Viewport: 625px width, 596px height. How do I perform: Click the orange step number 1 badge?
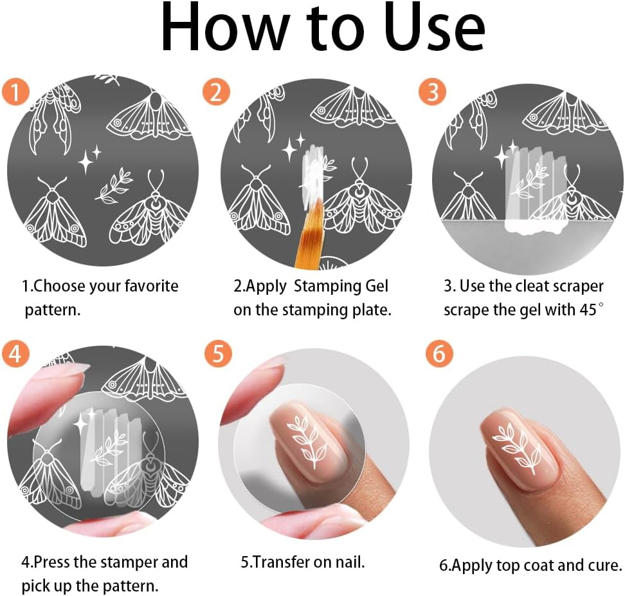[14, 92]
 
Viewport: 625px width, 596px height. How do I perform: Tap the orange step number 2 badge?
[216, 92]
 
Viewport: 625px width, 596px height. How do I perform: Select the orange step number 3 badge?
[432, 92]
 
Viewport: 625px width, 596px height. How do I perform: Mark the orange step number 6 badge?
[439, 353]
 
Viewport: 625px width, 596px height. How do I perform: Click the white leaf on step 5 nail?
[307, 441]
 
